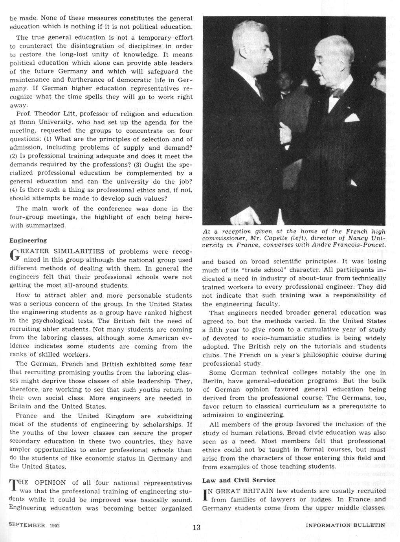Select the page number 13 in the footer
pos(196,527)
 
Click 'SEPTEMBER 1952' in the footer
pos(34,525)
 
